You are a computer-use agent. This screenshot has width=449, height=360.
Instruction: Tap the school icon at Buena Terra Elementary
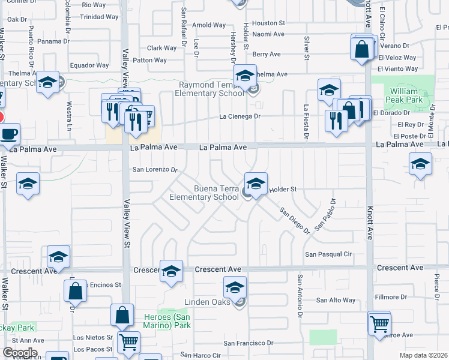(256, 183)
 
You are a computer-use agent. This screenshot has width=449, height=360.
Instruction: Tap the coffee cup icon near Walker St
(8, 134)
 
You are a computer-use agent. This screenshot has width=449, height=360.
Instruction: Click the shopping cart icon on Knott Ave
(379, 324)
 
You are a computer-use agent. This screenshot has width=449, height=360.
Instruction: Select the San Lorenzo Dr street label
(155, 170)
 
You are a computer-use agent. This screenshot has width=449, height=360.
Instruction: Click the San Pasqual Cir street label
(328, 254)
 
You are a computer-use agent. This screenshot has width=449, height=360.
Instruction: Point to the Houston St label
(268, 23)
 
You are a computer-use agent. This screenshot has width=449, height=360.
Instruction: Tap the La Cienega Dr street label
(240, 116)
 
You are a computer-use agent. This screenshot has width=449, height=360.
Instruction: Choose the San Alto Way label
(336, 300)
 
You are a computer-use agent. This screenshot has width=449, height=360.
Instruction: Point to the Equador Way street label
(89, 65)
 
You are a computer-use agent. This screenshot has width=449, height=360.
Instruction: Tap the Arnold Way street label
(209, 25)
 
